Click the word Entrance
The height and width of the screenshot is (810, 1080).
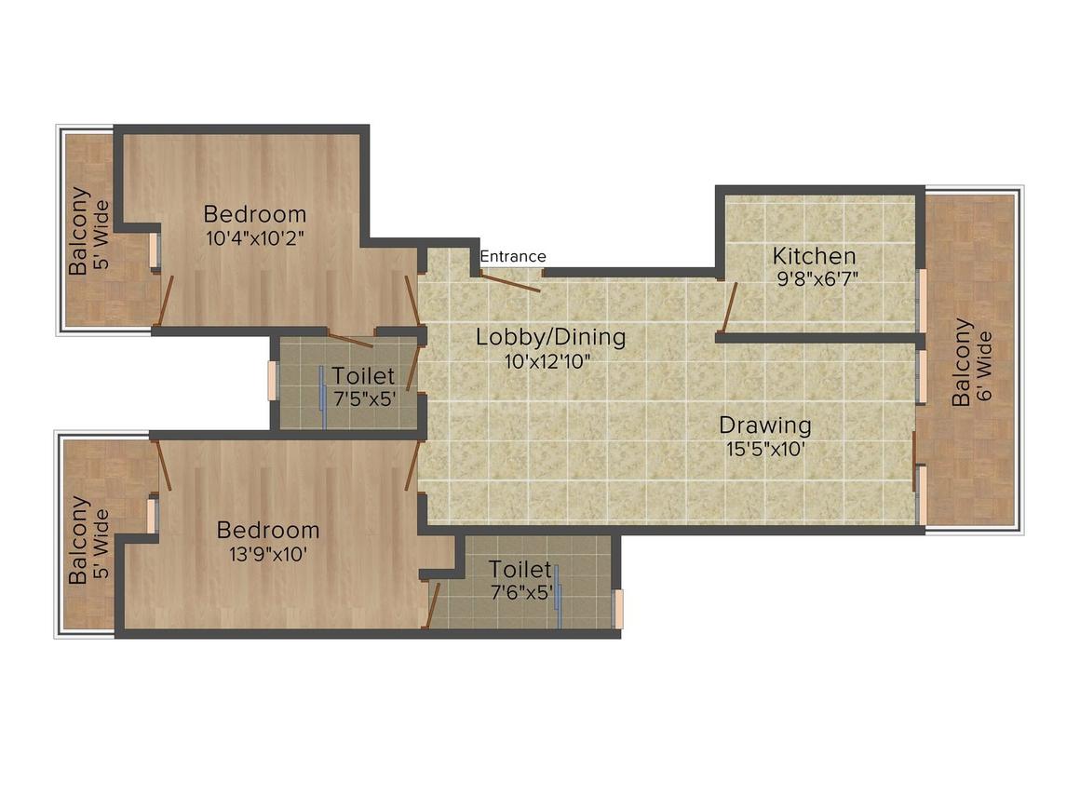tap(513, 256)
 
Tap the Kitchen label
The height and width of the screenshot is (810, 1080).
tap(814, 255)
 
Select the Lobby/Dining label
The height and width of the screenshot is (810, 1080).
tap(551, 337)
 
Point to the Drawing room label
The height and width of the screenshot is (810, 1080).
tap(765, 425)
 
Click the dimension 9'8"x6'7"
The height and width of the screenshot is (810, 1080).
tap(817, 279)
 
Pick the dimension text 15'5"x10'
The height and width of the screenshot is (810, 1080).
tap(766, 449)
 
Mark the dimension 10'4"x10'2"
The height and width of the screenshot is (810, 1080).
tap(255, 238)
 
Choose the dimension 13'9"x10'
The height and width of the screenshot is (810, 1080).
tap(268, 554)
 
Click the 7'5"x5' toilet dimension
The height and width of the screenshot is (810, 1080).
tap(365, 398)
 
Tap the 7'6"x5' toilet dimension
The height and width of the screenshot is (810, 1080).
tap(522, 592)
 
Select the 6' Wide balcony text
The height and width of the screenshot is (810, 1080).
tap(985, 367)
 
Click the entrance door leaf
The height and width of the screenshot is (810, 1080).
tap(510, 283)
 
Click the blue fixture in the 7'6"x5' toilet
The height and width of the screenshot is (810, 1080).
tap(560, 597)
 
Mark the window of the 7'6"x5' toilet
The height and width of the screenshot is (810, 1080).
tap(618, 609)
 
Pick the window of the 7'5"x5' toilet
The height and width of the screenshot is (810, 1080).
tap(272, 380)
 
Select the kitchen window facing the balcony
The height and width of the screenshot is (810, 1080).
tap(922, 301)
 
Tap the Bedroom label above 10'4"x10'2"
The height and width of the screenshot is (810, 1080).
tap(255, 213)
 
